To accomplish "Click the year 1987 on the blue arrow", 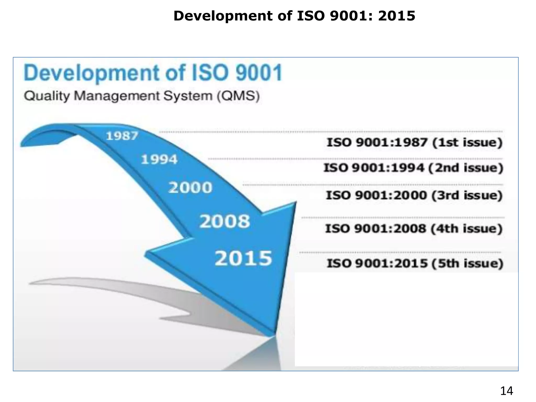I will click(x=122, y=136).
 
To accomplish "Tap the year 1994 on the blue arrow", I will click(x=159, y=159).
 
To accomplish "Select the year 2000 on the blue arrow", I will click(x=190, y=188).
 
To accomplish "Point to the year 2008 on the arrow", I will click(x=225, y=221).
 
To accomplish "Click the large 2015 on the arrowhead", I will click(x=243, y=258).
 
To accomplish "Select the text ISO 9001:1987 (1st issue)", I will click(x=415, y=142).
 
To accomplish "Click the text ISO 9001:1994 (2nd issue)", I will click(x=413, y=167).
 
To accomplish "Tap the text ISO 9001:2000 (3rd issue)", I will click(x=414, y=195).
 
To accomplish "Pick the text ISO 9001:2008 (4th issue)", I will click(x=414, y=228).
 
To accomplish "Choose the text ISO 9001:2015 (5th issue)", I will click(x=415, y=263).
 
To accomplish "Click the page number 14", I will click(x=506, y=391).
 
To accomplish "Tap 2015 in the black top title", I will click(x=397, y=16).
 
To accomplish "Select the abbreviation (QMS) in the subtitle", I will click(x=238, y=96).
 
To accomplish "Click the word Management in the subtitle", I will click(x=117, y=96).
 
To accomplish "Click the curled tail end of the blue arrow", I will click(x=29, y=141).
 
